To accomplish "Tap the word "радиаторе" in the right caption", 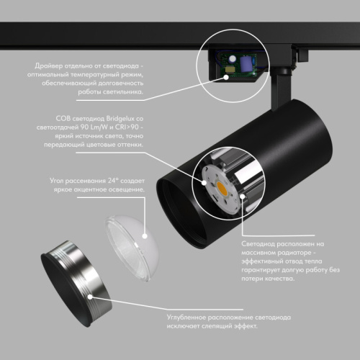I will click(296, 253).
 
